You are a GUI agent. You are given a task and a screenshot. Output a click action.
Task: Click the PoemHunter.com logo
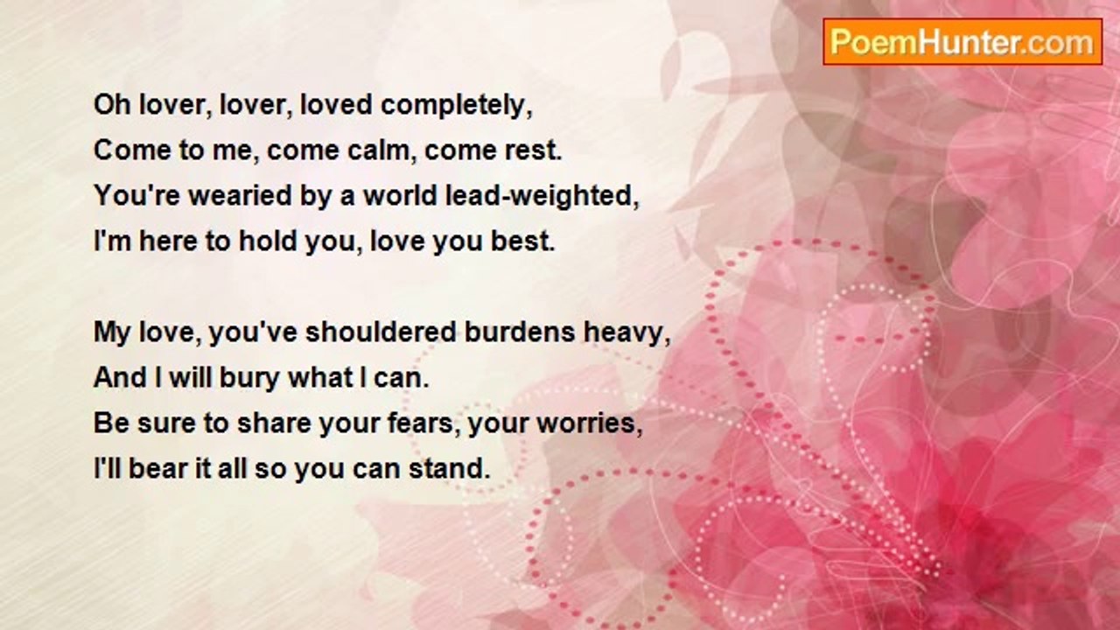click(x=962, y=42)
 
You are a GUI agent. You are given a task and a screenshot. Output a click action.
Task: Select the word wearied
click(x=240, y=195)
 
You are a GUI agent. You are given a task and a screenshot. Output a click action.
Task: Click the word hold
click(x=268, y=241)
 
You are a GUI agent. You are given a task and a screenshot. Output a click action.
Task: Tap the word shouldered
click(x=381, y=332)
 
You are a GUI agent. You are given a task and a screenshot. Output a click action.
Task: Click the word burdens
click(x=520, y=332)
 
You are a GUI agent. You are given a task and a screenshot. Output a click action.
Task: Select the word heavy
click(x=627, y=333)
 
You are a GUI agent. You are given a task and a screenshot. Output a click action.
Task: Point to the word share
click(x=274, y=423)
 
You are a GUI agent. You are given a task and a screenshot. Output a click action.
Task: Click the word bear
click(x=158, y=469)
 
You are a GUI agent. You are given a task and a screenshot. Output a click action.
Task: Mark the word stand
click(x=450, y=469)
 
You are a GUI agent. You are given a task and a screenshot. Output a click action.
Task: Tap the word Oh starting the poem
click(x=112, y=105)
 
